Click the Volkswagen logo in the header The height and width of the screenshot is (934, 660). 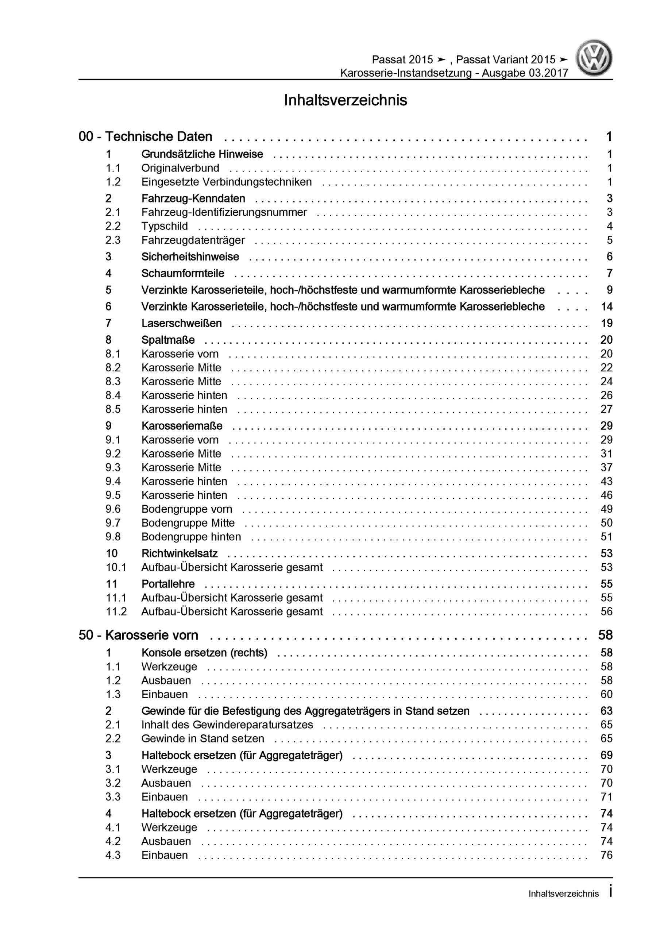593,58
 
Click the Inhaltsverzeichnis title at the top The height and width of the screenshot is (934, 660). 345,100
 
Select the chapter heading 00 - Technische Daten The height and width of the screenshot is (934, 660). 145,137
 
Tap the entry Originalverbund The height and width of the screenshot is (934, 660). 180,168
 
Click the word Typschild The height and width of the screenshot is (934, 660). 165,226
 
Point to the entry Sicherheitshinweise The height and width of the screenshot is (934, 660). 190,257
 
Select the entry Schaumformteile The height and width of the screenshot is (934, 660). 183,273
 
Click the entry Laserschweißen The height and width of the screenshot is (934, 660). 181,323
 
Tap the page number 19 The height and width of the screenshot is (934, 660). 606,323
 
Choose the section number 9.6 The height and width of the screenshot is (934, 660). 113,509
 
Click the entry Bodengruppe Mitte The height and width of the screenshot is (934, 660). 188,523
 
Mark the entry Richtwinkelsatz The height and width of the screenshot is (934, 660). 180,553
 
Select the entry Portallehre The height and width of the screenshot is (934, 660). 168,584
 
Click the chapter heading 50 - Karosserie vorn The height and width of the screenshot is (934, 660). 138,636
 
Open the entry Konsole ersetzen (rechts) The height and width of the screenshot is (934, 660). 204,653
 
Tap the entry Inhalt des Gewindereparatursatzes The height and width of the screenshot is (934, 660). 227,725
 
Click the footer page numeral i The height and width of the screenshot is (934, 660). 610,892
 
